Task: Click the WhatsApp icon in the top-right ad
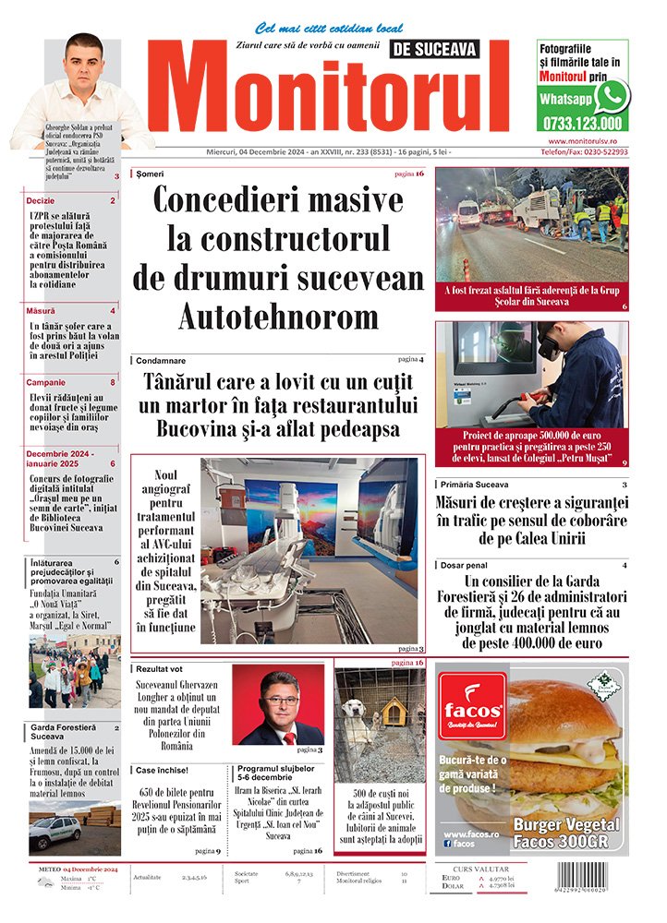tap(611, 96)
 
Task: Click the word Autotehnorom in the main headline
tap(279, 317)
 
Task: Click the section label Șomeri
tap(150, 174)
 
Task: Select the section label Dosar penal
tap(466, 565)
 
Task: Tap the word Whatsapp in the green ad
tap(565, 99)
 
